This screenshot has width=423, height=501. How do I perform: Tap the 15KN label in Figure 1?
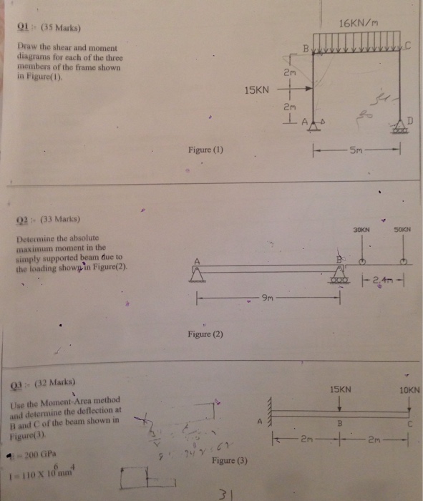coord(256,90)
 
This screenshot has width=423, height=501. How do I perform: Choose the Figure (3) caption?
coord(230,462)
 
